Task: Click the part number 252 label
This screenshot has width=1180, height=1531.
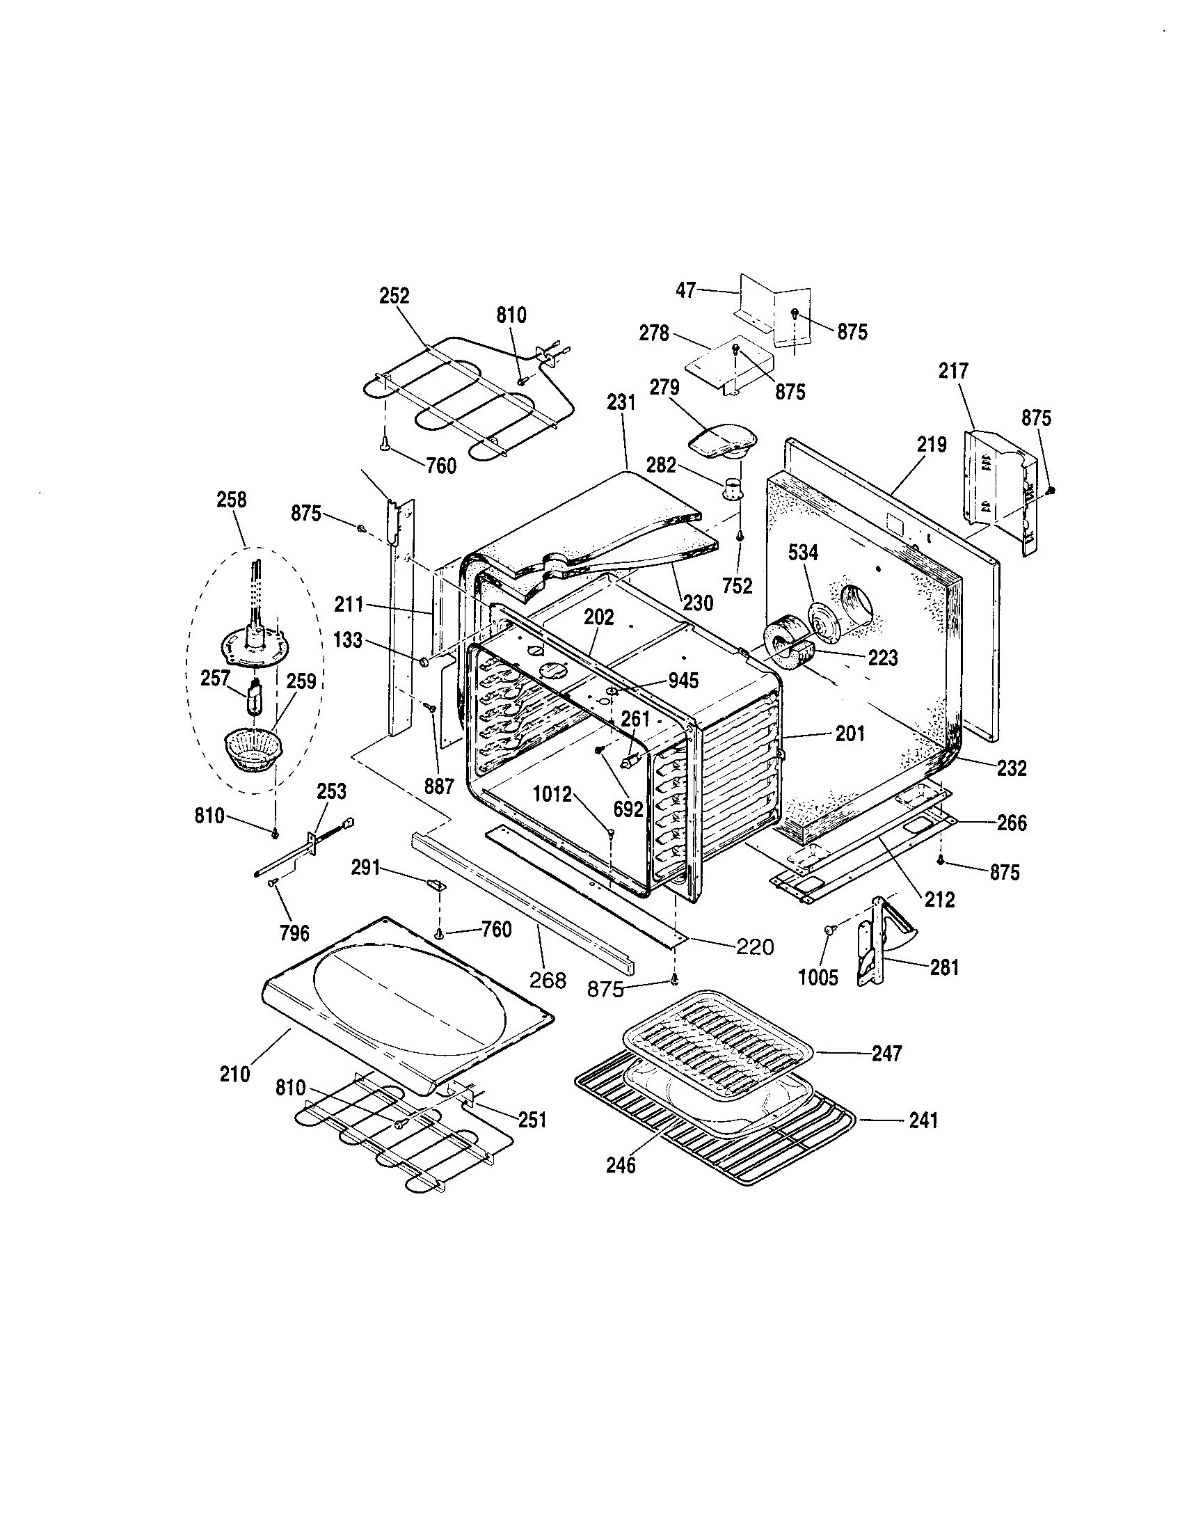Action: [x=394, y=296]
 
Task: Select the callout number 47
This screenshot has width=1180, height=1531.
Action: [x=686, y=289]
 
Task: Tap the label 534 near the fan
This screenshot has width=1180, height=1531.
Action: [x=803, y=553]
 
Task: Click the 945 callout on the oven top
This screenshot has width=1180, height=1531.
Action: [x=683, y=680]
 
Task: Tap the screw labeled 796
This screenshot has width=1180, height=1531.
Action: [x=272, y=886]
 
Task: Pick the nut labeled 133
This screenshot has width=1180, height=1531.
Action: [x=424, y=661]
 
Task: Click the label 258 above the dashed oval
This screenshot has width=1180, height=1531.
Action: [x=231, y=500]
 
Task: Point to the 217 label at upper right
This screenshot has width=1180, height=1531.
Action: [x=954, y=371]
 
